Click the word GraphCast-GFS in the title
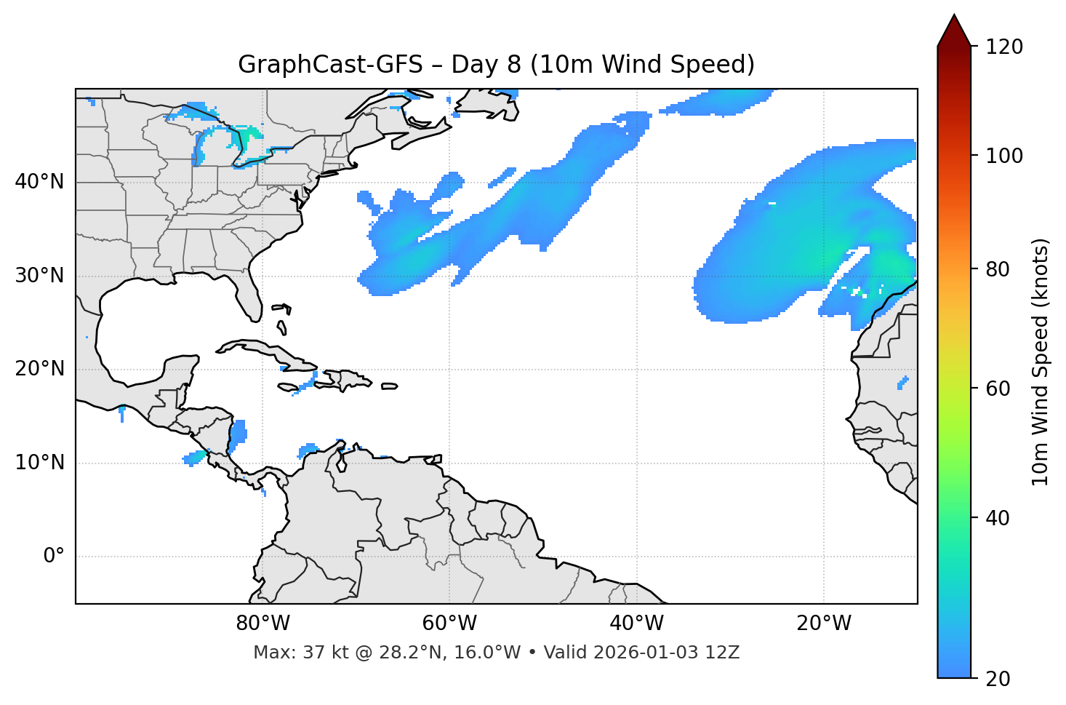tap(330, 65)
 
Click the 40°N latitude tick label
tap(39, 182)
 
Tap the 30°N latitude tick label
tap(39, 276)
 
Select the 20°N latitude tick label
tap(39, 369)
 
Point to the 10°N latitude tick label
tap(39, 463)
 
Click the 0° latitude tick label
tap(54, 557)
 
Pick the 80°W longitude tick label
tap(263, 624)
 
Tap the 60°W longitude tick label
tap(449, 624)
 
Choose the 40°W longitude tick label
tap(636, 624)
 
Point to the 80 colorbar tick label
tap(997, 269)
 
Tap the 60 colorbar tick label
tap(997, 389)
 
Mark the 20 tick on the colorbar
tap(997, 679)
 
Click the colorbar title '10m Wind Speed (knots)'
tap(1040, 362)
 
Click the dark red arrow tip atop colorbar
tap(954, 29)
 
